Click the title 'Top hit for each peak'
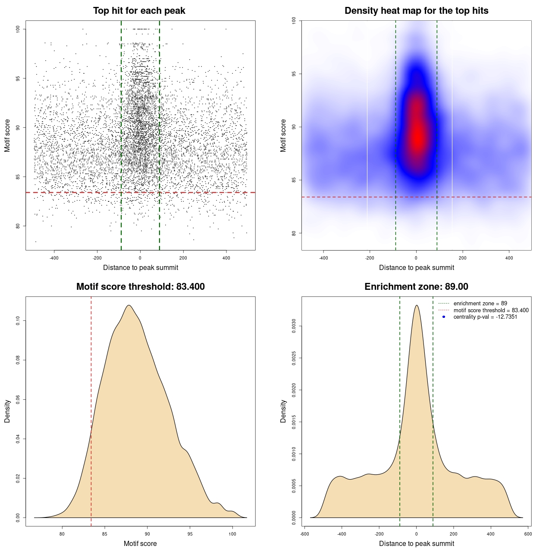click(x=139, y=11)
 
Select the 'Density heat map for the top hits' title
click(x=416, y=11)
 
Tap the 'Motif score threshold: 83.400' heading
click(x=140, y=287)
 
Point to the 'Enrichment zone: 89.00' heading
click(x=416, y=287)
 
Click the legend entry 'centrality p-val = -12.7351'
click(x=485, y=317)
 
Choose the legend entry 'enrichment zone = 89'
click(x=480, y=304)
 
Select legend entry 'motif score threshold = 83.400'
click(x=491, y=310)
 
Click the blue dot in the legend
click(x=444, y=317)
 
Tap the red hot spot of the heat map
click(x=417, y=138)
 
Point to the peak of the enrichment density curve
click(x=417, y=305)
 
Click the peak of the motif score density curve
click(x=129, y=305)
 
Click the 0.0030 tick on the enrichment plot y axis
click(x=294, y=326)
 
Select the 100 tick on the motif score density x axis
click(x=232, y=534)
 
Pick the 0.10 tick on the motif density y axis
click(x=18, y=320)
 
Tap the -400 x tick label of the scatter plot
click(x=54, y=258)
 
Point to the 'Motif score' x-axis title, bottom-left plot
click(x=140, y=543)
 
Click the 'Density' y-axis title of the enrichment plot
click(x=283, y=411)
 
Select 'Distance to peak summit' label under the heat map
click(x=416, y=267)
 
